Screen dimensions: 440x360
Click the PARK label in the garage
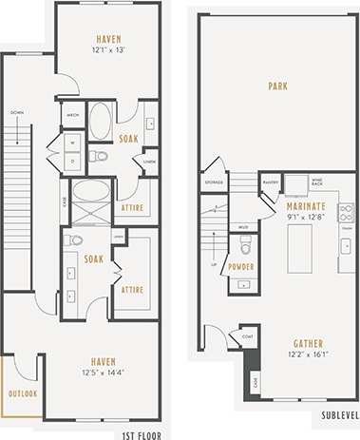(277, 85)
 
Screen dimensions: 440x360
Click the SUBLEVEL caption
(339, 416)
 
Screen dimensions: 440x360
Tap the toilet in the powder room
(245, 249)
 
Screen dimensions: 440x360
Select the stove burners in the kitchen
(346, 213)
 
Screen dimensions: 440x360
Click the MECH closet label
(72, 115)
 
